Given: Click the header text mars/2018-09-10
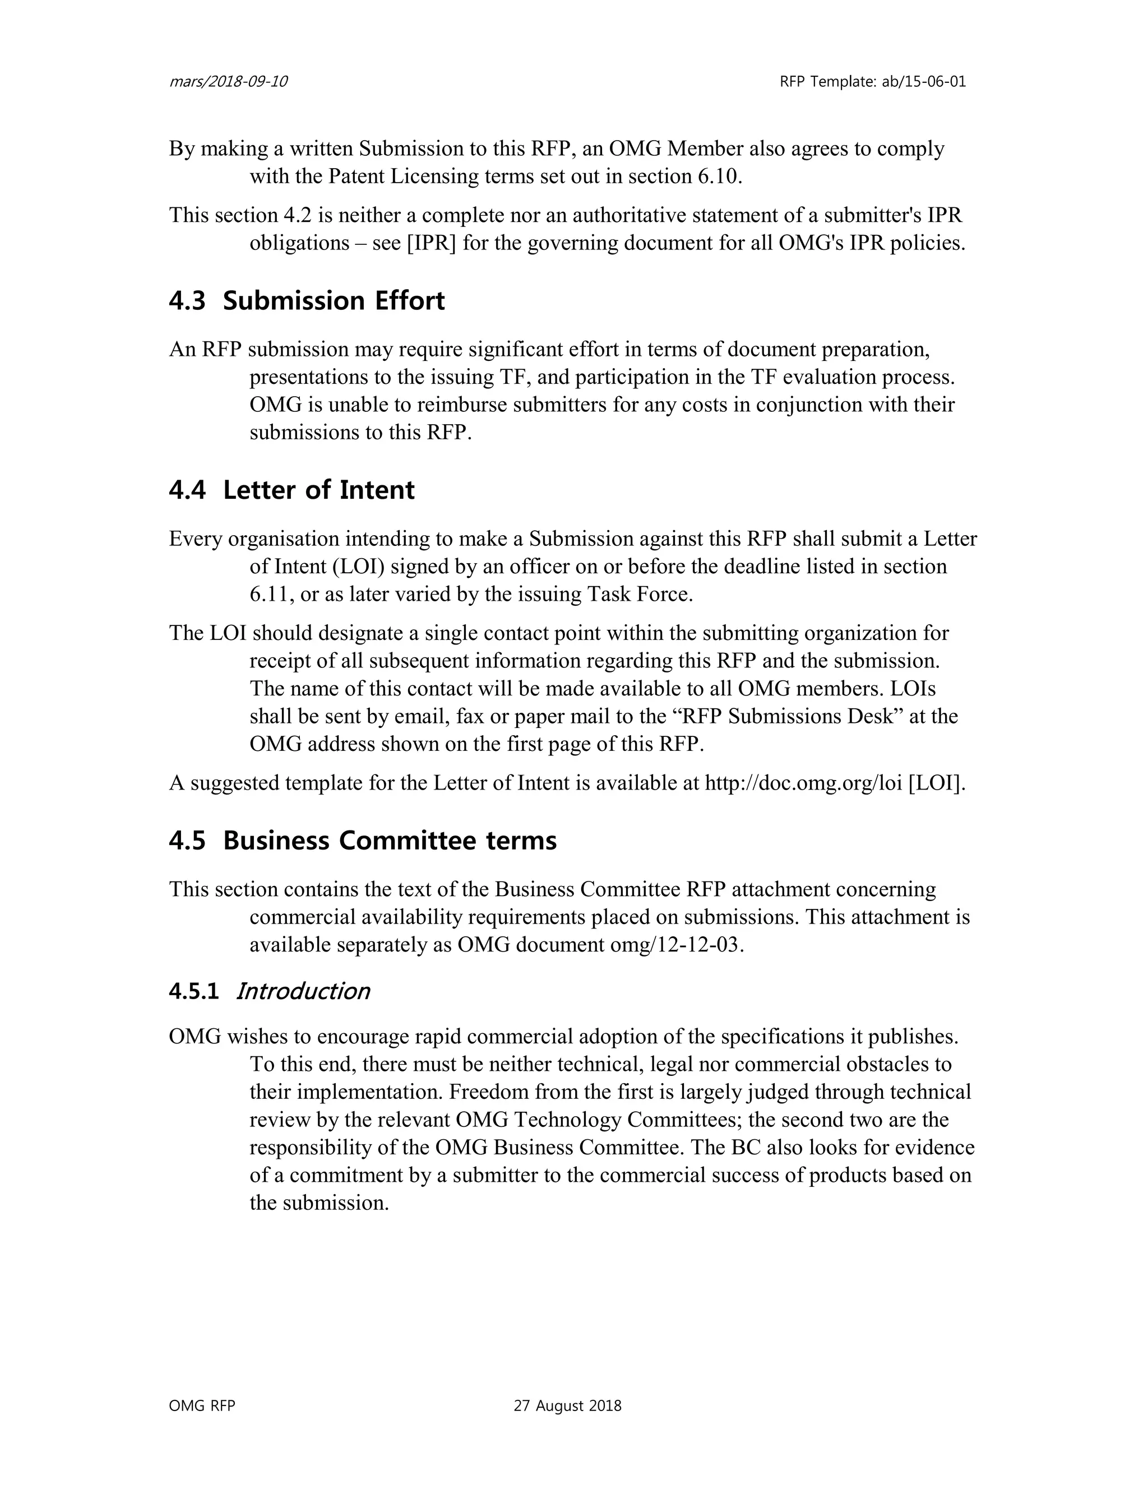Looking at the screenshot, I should click(x=228, y=82).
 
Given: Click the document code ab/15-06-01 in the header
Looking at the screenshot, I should click(x=924, y=82).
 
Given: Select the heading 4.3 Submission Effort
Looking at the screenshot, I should click(x=307, y=300).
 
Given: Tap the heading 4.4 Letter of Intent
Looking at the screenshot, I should click(x=291, y=490).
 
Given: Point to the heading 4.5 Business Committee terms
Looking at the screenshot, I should click(x=363, y=841).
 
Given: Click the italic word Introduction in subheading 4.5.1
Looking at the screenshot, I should click(x=303, y=991).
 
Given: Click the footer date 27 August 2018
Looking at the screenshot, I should click(x=567, y=1406).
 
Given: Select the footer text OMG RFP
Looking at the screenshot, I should click(x=202, y=1406).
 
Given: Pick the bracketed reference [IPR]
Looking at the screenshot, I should click(x=431, y=243).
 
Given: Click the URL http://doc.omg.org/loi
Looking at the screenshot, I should click(x=803, y=783).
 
